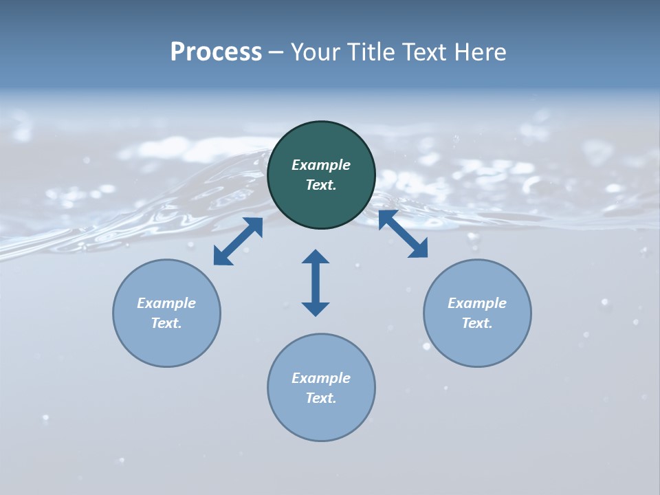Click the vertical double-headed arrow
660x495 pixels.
coord(316,283)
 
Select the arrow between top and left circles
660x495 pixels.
coord(238,241)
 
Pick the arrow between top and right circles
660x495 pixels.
coord(403,234)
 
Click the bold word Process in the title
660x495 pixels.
coord(216,52)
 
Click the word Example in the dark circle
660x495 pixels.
coord(321,165)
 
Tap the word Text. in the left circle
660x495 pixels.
coord(166,323)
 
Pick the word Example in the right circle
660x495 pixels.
coord(477,303)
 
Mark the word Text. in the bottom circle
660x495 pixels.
coord(321,398)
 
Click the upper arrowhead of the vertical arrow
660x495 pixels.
coord(316,258)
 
